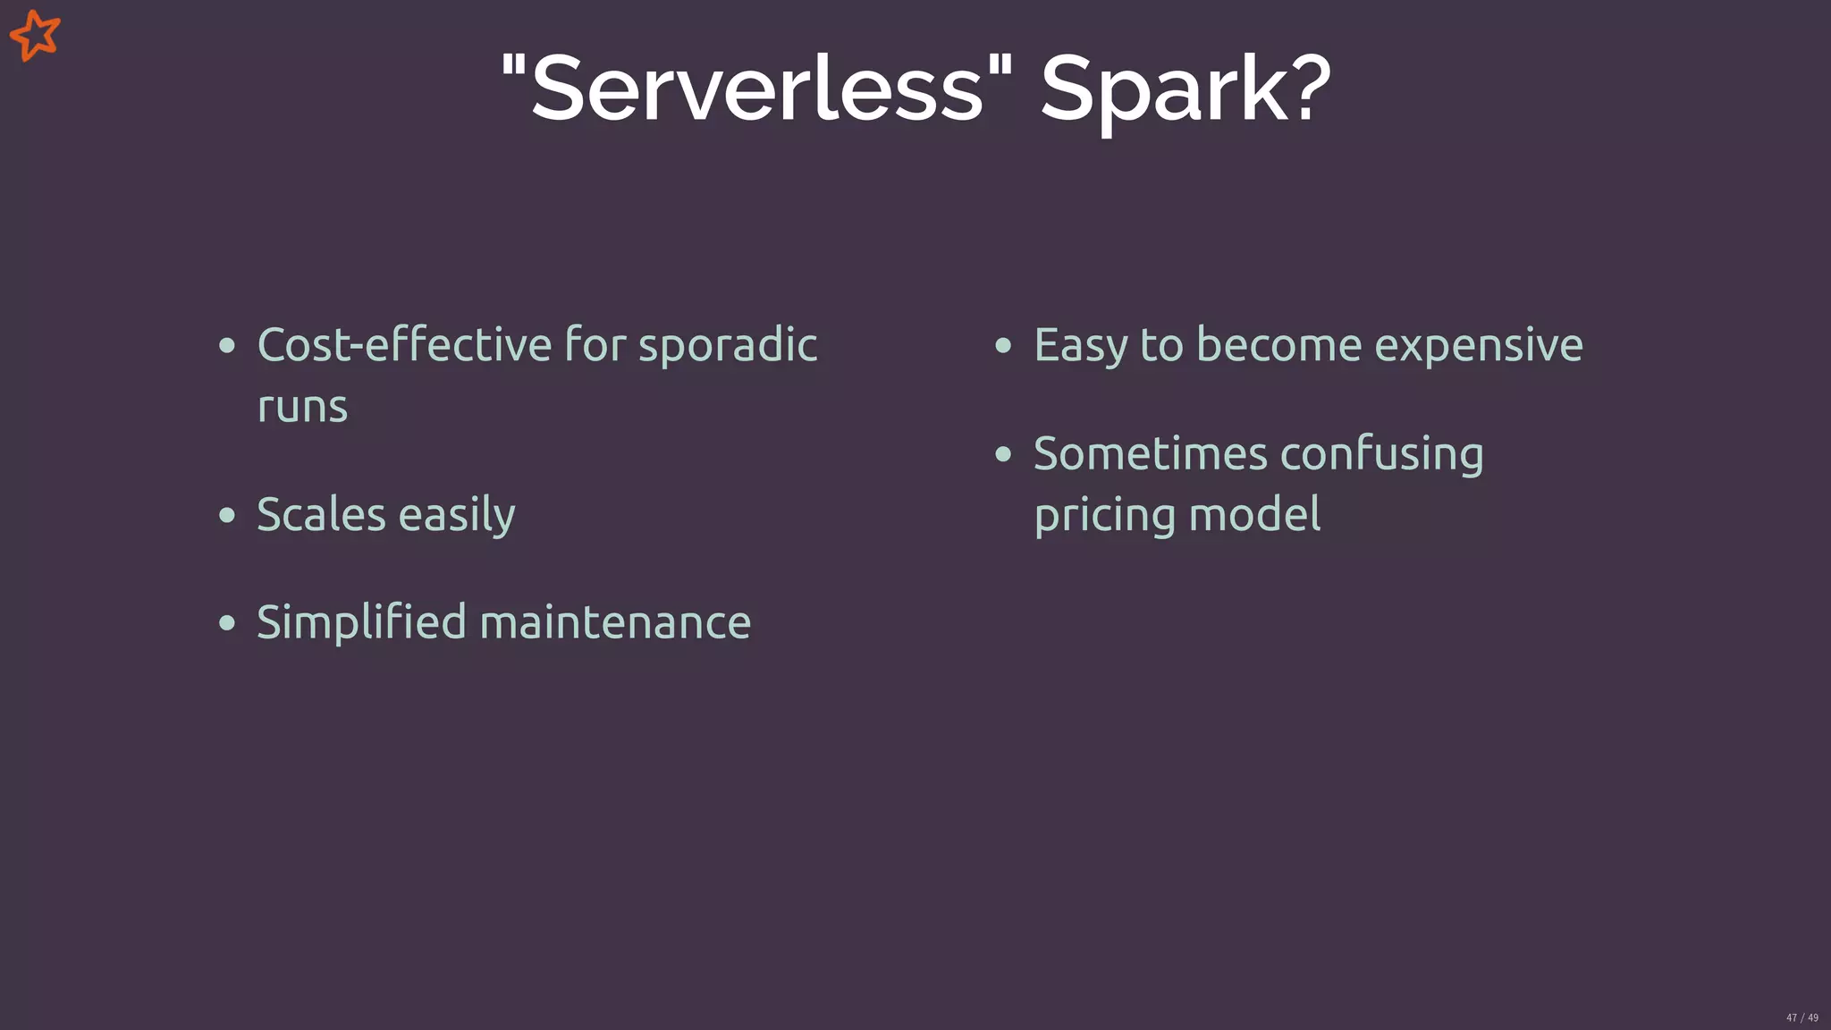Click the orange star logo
click(x=35, y=36)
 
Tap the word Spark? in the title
click(x=1186, y=90)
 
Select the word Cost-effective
click(x=404, y=344)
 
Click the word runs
click(x=302, y=407)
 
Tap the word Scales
click(x=321, y=514)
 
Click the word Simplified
click(x=361, y=623)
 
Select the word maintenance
click(x=615, y=622)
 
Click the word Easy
click(x=1080, y=346)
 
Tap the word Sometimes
click(x=1151, y=453)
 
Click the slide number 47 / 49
click(x=1801, y=1017)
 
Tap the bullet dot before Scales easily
click(x=227, y=515)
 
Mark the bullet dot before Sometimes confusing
click(x=1003, y=454)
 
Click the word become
click(x=1278, y=345)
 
